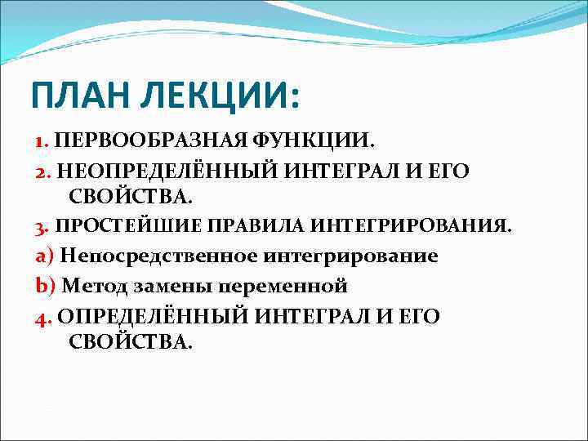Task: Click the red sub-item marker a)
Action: [43, 256]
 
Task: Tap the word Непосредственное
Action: [158, 256]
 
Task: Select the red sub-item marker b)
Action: [43, 286]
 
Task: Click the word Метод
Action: [90, 286]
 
